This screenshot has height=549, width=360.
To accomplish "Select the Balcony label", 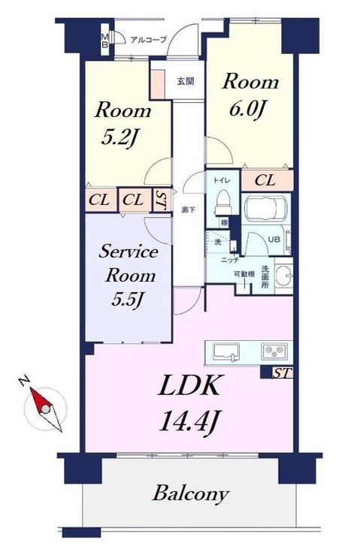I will pos(190,494).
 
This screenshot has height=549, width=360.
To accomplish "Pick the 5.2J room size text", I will pos(122,137).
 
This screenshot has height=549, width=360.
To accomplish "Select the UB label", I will pos(274,238).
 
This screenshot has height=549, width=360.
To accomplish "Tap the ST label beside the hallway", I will pos(162,200).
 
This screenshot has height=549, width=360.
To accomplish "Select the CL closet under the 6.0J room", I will pos(264,180).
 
